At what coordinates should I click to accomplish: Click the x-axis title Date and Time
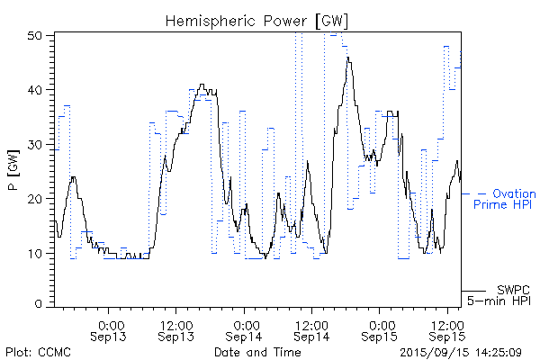(257, 352)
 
